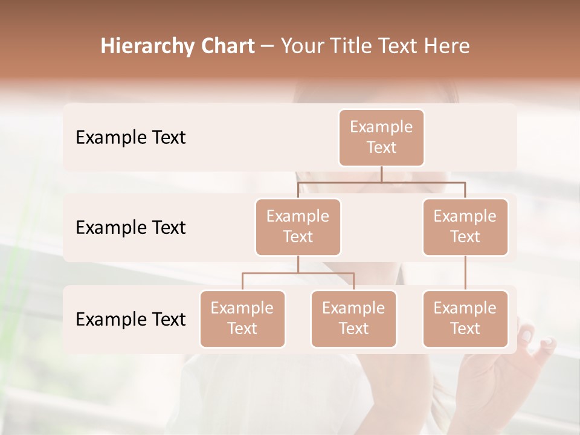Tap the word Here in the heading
(448, 46)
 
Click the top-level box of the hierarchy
(381, 137)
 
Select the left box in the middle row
(298, 227)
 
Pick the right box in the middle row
(465, 227)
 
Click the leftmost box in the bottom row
(242, 318)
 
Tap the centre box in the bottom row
(353, 318)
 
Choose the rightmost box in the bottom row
(465, 318)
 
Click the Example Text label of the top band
(130, 137)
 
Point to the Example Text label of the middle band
(130, 227)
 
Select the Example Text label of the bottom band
(130, 319)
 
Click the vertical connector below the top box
(381, 174)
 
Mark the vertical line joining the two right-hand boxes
(465, 273)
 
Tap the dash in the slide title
(268, 47)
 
